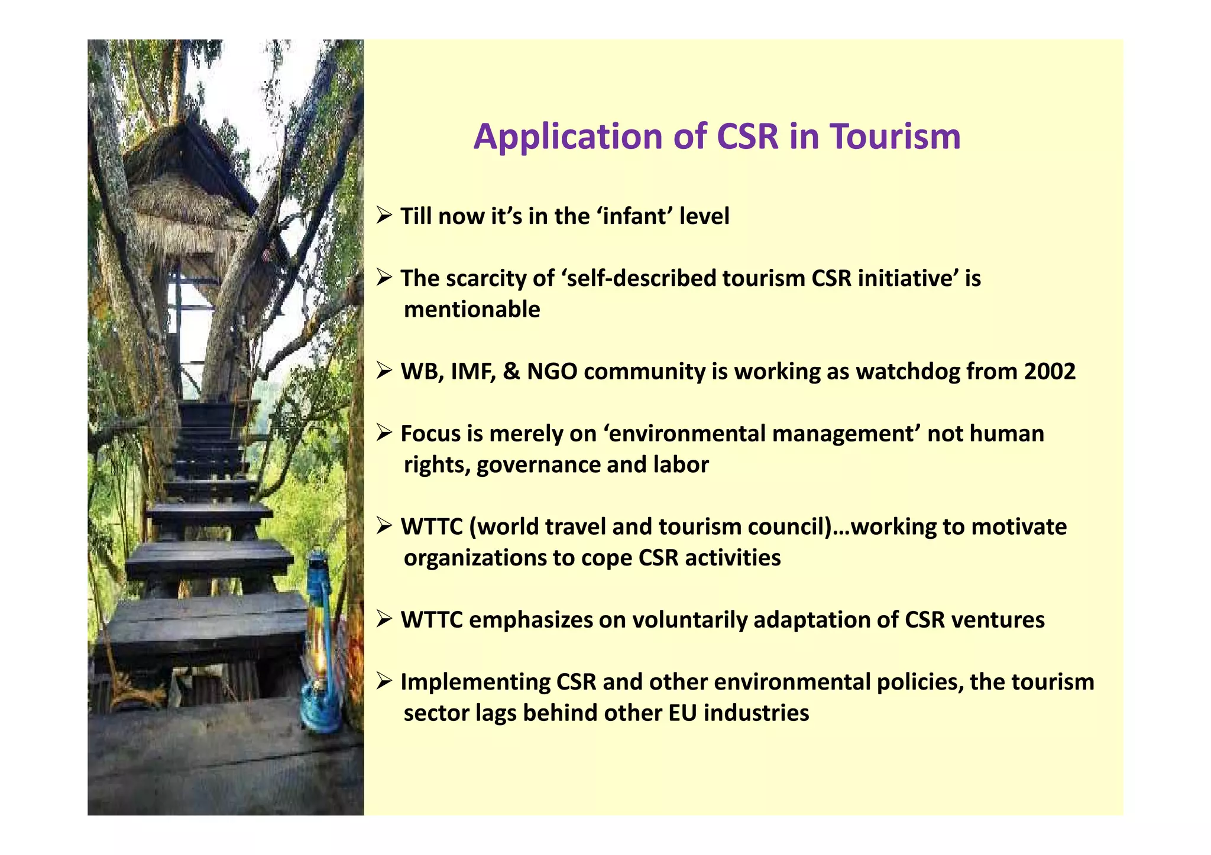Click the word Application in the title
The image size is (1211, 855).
click(x=568, y=138)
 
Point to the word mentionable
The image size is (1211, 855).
click(x=472, y=310)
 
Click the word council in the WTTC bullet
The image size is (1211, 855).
click(x=789, y=526)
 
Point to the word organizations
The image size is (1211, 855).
click(x=475, y=558)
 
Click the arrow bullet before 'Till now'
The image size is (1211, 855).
click(x=384, y=216)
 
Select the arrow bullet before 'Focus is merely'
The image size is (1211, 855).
click(x=384, y=433)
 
